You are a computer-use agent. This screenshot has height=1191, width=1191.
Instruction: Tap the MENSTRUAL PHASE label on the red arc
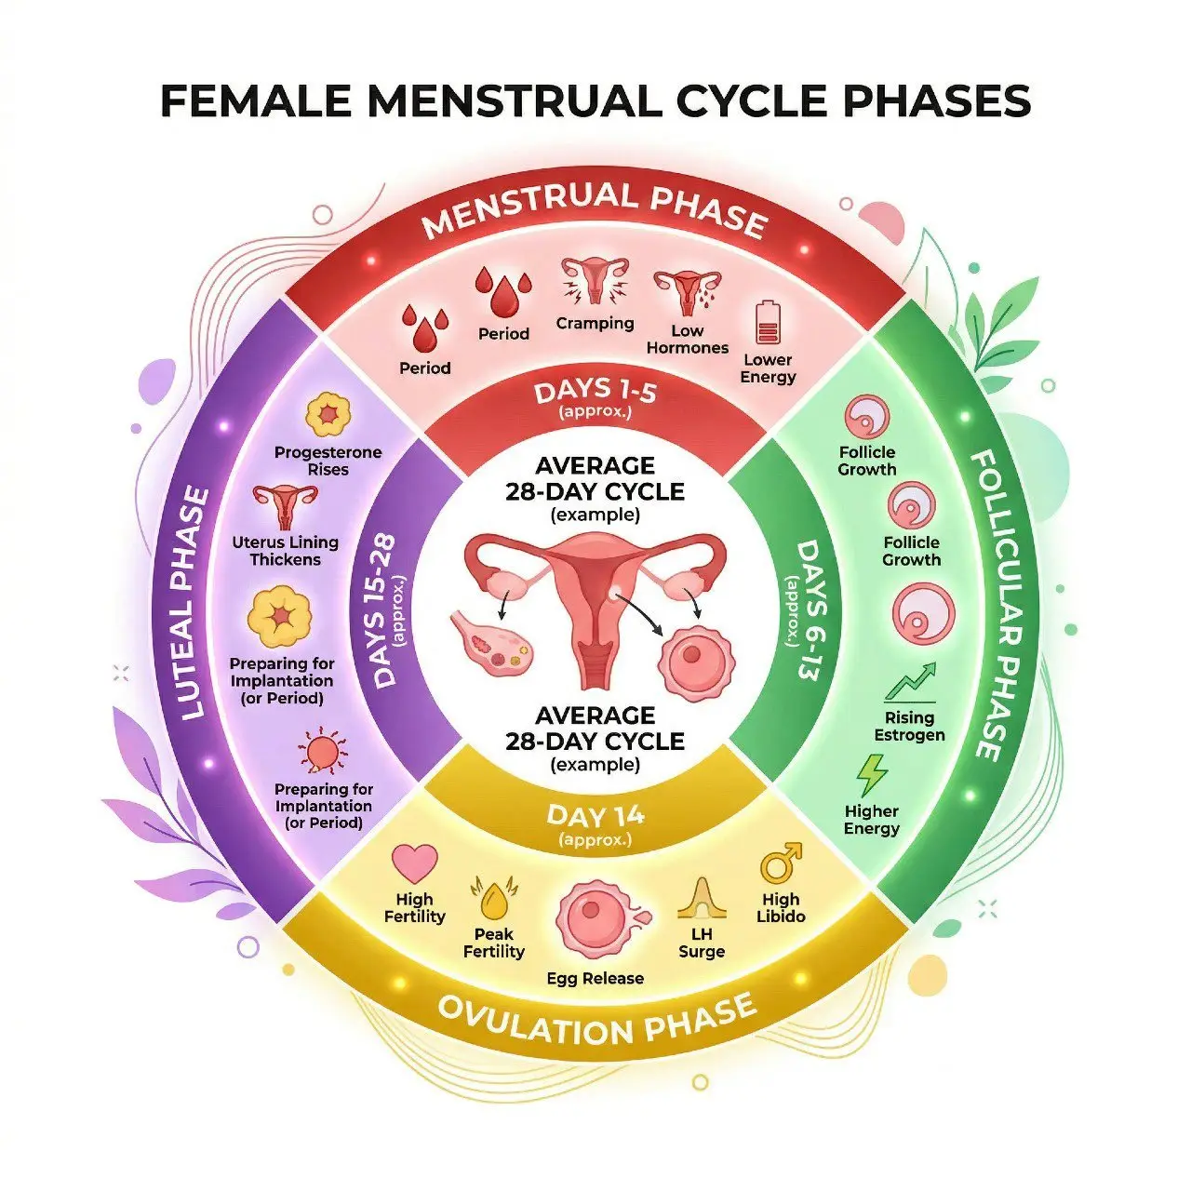click(595, 209)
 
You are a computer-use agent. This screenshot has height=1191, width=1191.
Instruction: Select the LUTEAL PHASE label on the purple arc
click(194, 603)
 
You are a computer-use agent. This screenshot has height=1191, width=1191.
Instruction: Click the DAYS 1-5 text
click(595, 393)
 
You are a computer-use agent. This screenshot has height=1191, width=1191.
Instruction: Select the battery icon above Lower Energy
click(769, 322)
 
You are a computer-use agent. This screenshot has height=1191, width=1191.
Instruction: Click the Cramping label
click(595, 323)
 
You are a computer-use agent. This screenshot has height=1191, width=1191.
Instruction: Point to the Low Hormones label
click(688, 340)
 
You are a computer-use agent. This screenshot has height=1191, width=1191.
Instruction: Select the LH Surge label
click(702, 943)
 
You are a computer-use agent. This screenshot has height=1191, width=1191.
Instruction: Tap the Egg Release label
click(595, 978)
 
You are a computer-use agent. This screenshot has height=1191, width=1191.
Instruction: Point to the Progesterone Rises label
click(328, 461)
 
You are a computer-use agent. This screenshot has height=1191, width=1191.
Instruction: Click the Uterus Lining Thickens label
click(286, 551)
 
